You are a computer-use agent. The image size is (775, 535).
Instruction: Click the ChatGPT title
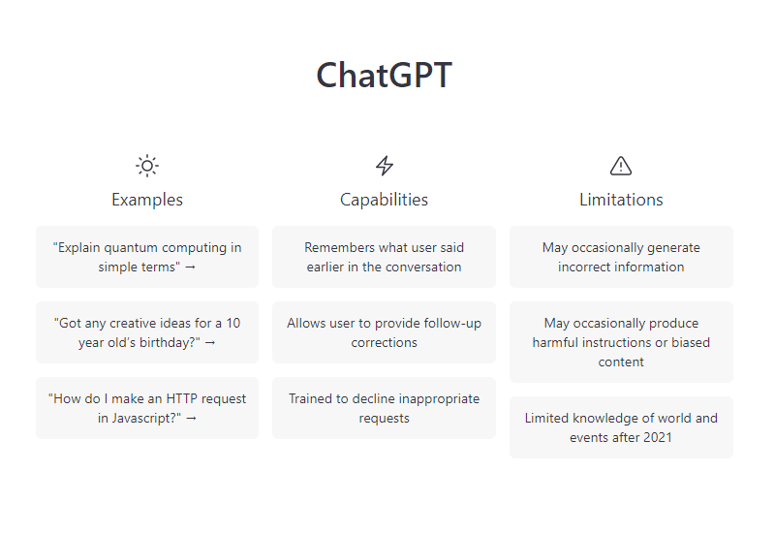pos(384,76)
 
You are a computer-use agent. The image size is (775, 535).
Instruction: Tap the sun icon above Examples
pos(147,166)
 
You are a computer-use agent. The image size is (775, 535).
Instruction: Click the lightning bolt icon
pos(384,166)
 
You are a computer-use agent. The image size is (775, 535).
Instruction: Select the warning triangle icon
pos(621,166)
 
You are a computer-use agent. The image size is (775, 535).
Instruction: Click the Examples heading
pos(147,200)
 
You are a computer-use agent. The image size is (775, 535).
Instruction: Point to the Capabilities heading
pos(384,200)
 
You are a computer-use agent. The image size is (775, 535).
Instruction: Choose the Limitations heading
pos(621,200)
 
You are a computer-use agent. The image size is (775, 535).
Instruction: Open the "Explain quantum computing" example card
pos(147,257)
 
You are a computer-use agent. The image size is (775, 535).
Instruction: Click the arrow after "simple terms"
pos(190,267)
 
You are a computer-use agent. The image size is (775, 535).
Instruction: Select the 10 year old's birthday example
pos(147,332)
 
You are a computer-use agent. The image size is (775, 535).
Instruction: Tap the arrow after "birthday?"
pos(210,343)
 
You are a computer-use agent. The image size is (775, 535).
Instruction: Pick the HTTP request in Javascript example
pos(147,408)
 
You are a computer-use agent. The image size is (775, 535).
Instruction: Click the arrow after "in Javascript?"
pos(191,419)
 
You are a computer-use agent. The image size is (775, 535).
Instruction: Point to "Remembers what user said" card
pos(384,257)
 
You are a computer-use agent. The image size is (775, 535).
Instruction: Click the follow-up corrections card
pos(384,332)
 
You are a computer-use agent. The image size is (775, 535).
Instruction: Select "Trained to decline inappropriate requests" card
pos(384,408)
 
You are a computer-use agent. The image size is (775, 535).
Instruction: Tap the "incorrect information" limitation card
pos(621,257)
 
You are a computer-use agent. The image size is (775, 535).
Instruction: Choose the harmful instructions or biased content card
pos(621,342)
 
